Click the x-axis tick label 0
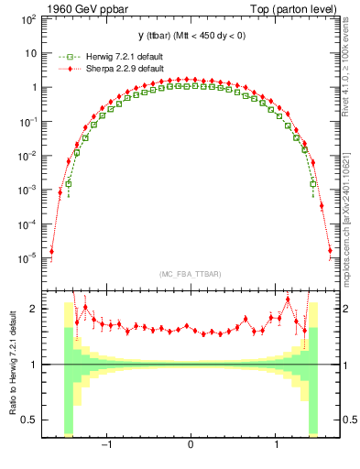(x=191, y=445)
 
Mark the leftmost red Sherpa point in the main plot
(x=51, y=251)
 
